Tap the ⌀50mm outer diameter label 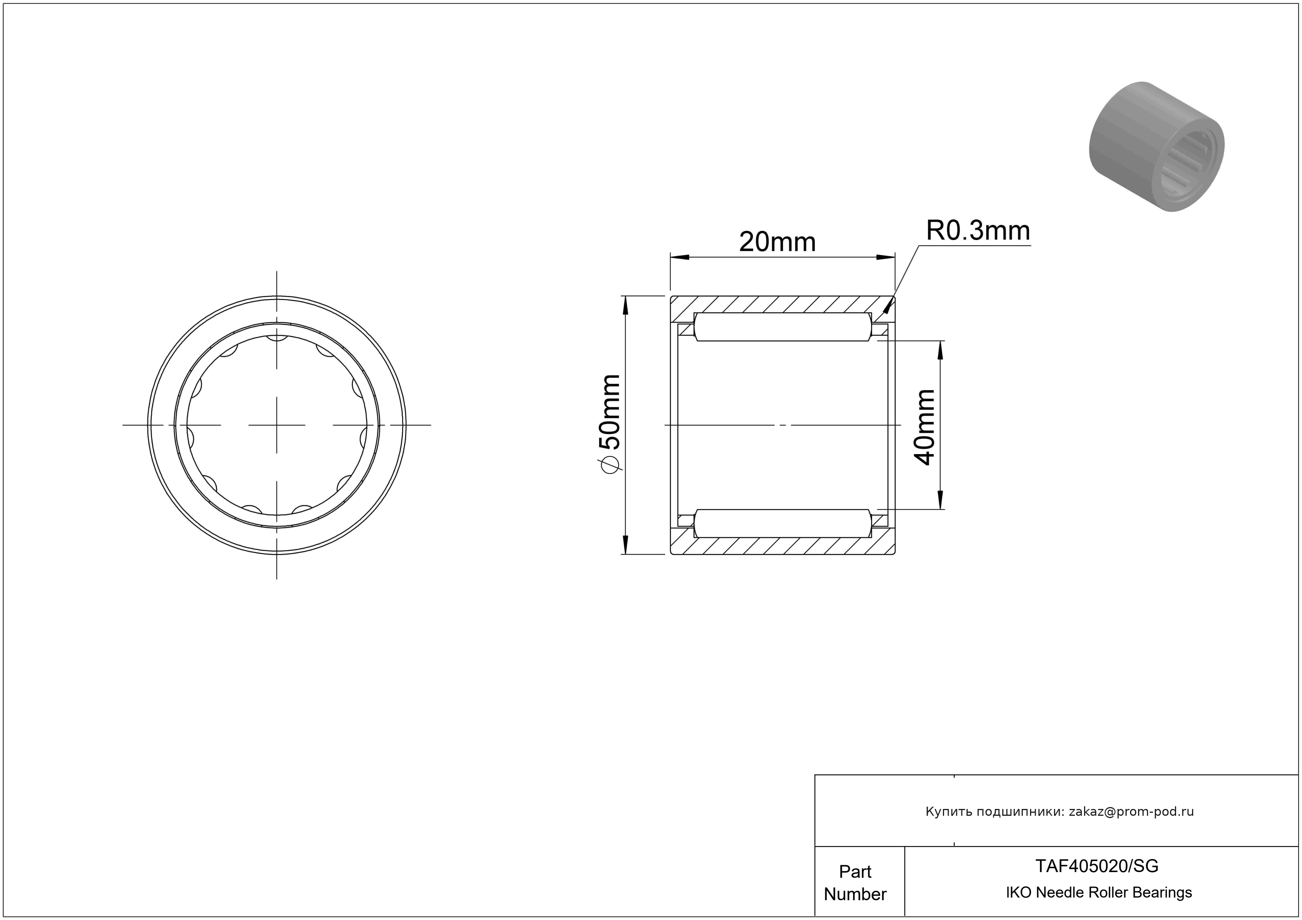[610, 422]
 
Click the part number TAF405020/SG [1097, 866]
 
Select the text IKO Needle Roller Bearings [1099, 893]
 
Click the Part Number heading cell [855, 883]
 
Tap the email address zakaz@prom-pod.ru [1131, 812]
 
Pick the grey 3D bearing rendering [1156, 147]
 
